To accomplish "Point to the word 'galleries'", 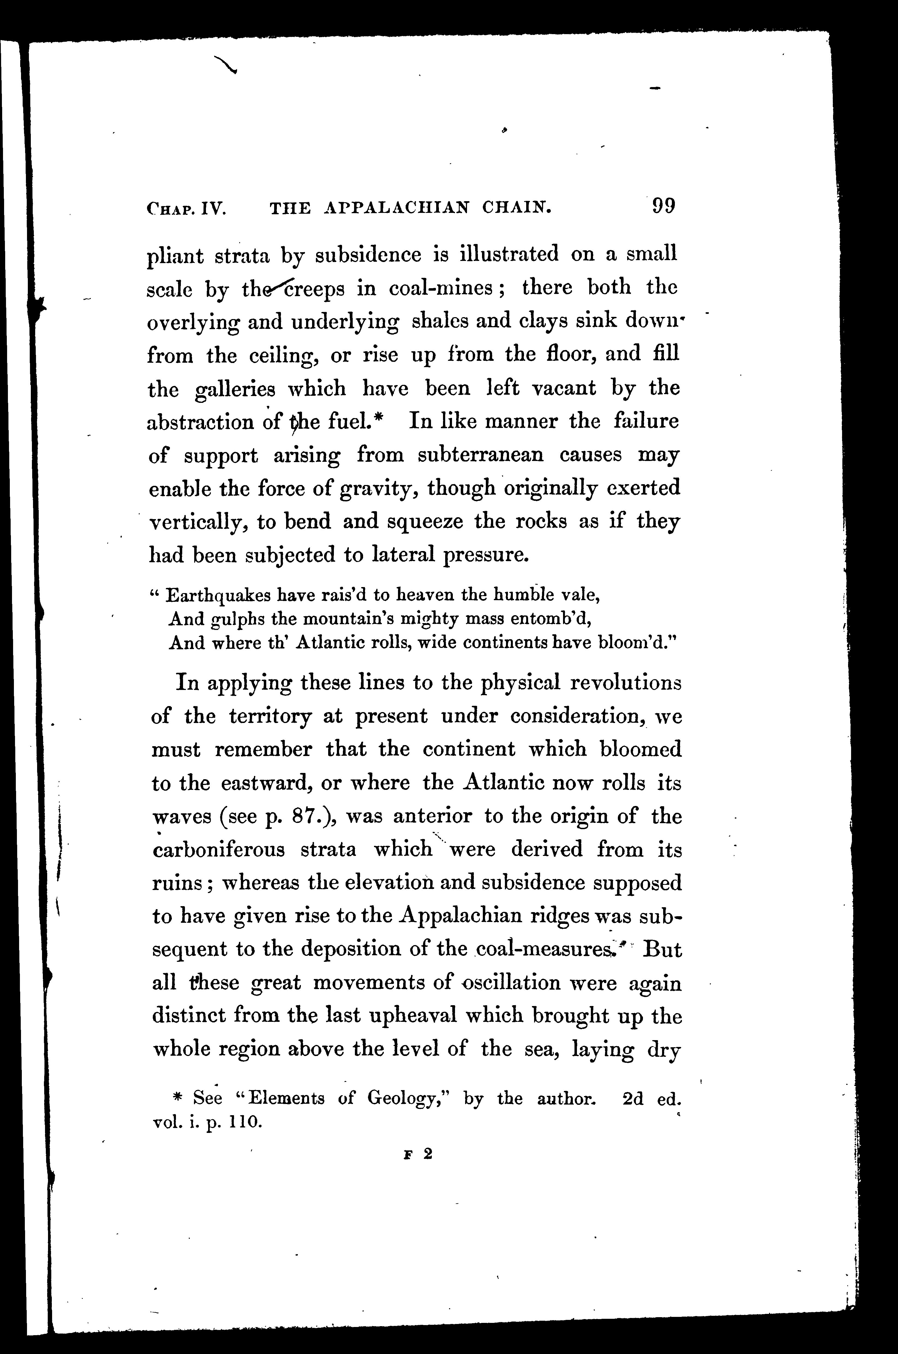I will [235, 390].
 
